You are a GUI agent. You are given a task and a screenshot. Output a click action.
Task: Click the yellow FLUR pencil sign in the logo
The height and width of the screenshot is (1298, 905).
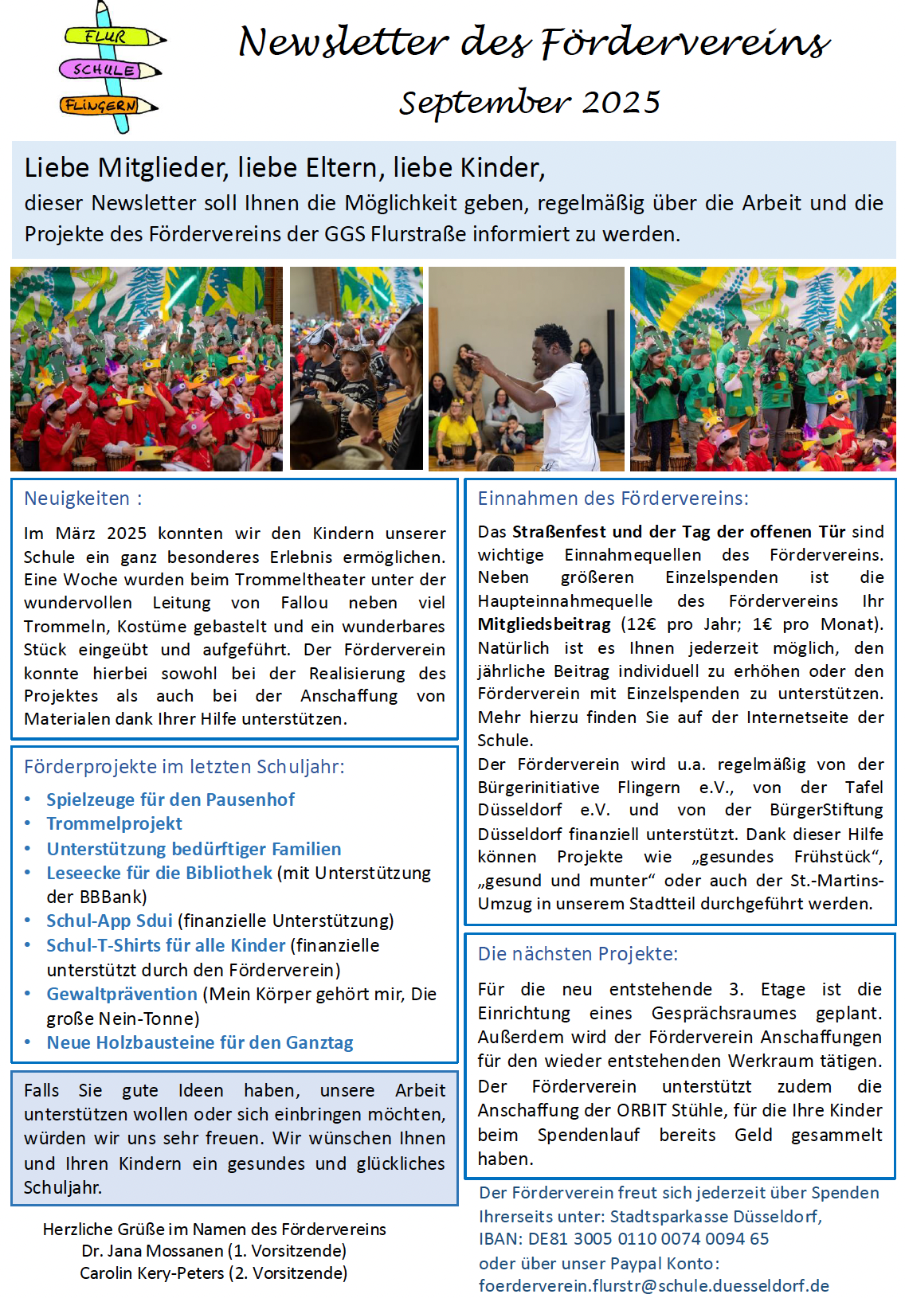click(107, 37)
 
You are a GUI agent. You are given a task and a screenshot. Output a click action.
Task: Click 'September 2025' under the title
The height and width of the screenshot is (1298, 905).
click(530, 103)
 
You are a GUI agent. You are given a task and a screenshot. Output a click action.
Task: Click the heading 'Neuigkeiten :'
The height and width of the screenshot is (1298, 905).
click(83, 498)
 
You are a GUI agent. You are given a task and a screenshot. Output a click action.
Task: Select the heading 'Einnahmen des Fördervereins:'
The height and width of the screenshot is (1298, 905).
click(613, 498)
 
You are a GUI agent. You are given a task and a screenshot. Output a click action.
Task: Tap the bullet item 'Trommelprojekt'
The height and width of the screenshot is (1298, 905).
click(114, 823)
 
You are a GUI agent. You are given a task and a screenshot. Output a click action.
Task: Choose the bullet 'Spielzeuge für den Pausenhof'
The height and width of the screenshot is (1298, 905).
click(170, 800)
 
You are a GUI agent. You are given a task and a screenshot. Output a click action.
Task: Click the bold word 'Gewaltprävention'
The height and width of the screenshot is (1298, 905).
click(122, 994)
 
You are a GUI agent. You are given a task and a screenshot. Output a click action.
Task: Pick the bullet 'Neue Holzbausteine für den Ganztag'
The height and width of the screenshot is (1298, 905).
click(199, 1042)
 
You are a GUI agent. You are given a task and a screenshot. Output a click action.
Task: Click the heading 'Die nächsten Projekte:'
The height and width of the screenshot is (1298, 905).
click(578, 954)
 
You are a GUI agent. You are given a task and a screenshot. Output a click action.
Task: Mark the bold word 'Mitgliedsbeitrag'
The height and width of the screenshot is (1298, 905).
click(544, 624)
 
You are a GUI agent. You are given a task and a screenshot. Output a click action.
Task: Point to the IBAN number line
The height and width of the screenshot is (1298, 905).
click(624, 1239)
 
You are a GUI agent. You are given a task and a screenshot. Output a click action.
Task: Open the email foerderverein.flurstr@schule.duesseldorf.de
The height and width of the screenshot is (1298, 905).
click(653, 1285)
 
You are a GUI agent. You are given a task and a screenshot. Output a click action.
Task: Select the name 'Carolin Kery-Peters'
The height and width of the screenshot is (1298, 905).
click(151, 1273)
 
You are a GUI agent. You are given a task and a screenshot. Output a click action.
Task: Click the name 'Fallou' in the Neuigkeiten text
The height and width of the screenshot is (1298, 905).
click(304, 603)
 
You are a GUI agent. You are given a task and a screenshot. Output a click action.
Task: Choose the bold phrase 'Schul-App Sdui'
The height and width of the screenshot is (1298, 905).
click(109, 921)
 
